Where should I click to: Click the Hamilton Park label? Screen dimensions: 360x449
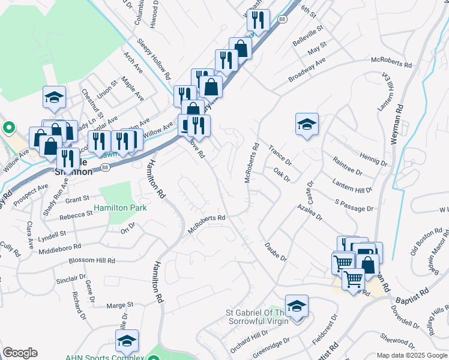(121, 208)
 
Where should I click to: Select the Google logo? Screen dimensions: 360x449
(20, 353)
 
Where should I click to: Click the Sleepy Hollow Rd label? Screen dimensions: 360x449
(154, 59)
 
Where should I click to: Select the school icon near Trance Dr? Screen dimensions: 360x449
(307, 124)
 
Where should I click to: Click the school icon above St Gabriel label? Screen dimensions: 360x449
(297, 306)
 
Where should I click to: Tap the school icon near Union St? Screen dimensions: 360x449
(53, 98)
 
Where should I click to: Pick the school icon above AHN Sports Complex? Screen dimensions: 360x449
(127, 341)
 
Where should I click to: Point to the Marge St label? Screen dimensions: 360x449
(119, 305)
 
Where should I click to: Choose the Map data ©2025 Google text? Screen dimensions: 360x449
(411, 355)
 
